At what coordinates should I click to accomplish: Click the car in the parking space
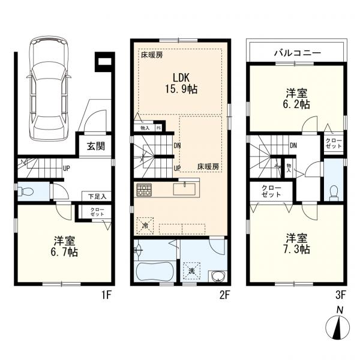coord(49,89)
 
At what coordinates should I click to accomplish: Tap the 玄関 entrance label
coord(96,146)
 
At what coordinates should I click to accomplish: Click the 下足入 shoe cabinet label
coord(97,197)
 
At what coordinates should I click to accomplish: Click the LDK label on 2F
coord(181,78)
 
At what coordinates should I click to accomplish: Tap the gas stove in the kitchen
coord(144,190)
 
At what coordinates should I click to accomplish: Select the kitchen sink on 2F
coord(184,189)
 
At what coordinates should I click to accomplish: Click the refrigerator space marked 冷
coord(145,226)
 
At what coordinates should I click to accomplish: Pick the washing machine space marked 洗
coord(191,271)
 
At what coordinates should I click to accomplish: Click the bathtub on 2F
coord(155,272)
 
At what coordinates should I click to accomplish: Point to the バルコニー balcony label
coord(298,53)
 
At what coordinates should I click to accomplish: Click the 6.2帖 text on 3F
coord(296,104)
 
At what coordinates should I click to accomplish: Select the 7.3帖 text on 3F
coord(296,249)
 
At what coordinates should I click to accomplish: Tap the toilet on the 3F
coord(333,193)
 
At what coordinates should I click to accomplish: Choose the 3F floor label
coord(340,295)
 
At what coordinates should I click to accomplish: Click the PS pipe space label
coord(158,128)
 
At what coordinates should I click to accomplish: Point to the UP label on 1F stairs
coord(66,169)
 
